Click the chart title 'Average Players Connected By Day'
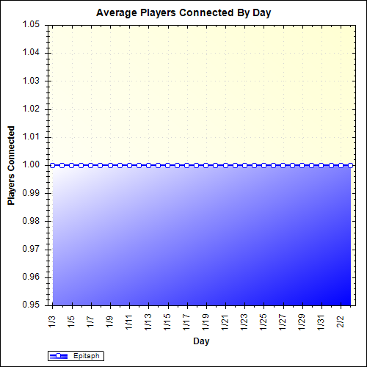pyautogui.click(x=183, y=13)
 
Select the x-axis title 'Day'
pyautogui.click(x=199, y=341)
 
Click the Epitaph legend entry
pyautogui.click(x=75, y=356)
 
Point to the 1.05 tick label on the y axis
pyautogui.click(x=31, y=25)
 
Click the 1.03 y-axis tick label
pyautogui.click(x=31, y=81)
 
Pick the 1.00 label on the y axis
pyautogui.click(x=31, y=165)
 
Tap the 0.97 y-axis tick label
pyautogui.click(x=31, y=250)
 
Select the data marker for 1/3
pyautogui.click(x=53, y=165)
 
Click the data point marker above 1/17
pyautogui.click(x=186, y=165)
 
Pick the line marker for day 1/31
pyautogui.click(x=321, y=165)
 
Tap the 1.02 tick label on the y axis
pyautogui.click(x=31, y=109)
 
